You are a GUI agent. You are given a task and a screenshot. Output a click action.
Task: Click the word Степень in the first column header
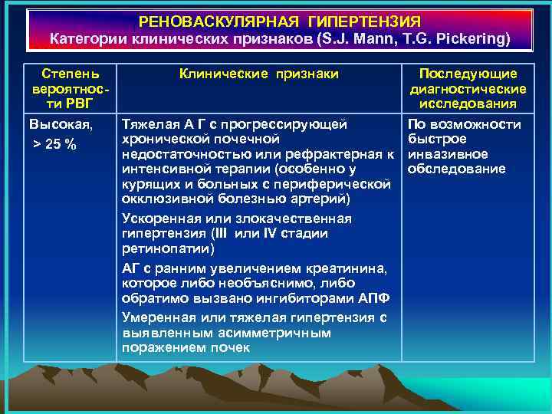coord(70,74)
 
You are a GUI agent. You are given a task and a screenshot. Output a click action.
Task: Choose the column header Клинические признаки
coord(259,74)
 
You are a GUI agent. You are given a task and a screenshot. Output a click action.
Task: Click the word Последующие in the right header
coord(468,74)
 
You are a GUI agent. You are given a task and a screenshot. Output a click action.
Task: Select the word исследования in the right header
coord(468,103)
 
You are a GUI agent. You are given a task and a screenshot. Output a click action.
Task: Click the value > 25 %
coord(54,145)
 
